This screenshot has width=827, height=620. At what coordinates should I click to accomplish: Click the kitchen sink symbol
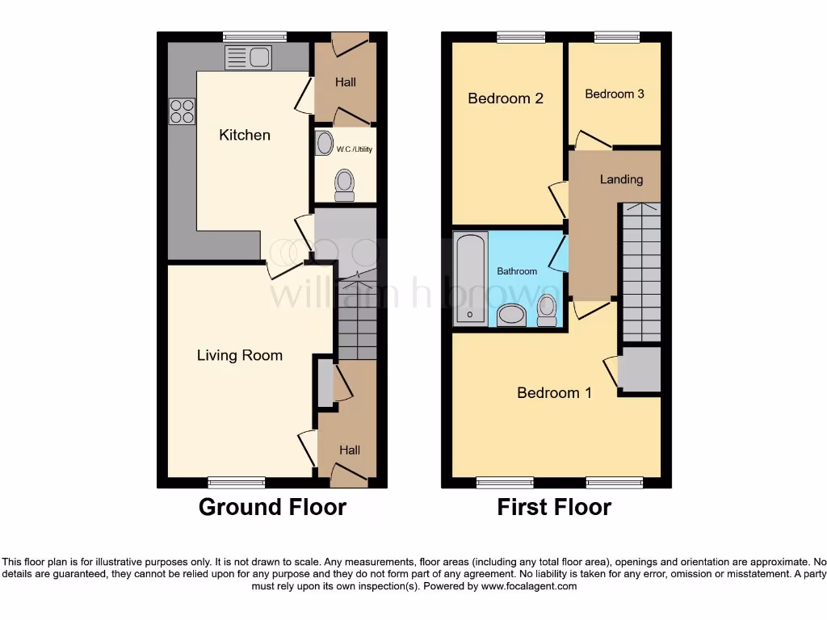pos(250,57)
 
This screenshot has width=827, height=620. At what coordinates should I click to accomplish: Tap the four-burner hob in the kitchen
pos(182,111)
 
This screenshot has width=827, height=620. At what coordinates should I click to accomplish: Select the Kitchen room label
pos(245,135)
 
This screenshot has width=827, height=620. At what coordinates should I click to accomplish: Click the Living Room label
pos(240,355)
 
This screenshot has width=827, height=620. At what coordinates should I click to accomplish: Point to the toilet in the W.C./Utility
pos(345,185)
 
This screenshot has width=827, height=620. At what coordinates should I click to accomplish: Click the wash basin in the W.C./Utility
pos(325,144)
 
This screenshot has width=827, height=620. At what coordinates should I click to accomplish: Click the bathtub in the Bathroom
pos(470,279)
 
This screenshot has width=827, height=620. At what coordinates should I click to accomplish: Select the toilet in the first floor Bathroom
pos(547,310)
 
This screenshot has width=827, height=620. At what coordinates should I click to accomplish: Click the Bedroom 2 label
pos(506,98)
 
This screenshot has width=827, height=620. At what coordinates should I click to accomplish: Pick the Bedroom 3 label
pos(615,94)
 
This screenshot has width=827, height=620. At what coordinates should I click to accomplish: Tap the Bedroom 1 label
pos(554,393)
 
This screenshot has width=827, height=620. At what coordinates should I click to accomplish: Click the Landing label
pos(621,179)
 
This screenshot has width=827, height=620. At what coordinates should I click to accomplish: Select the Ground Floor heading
pos(272,507)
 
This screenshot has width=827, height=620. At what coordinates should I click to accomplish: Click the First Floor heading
pos(554,507)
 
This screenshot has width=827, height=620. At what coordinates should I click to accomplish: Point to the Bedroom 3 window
pos(617,36)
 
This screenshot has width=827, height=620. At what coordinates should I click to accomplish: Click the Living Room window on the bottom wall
pos(237,483)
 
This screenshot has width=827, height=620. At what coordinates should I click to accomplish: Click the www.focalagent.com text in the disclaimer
pos(528,586)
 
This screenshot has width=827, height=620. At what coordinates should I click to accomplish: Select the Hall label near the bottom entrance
pos(350,450)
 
